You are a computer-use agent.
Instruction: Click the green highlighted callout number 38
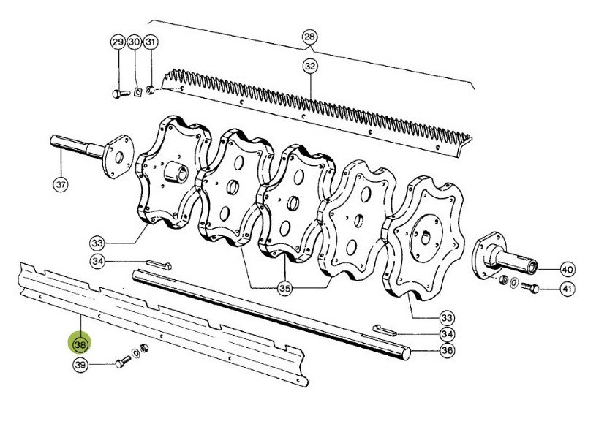click(x=80, y=344)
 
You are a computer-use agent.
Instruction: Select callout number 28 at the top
click(x=309, y=37)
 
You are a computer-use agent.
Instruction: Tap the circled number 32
click(x=310, y=66)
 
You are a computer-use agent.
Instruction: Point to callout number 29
click(x=118, y=42)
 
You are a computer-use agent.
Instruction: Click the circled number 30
click(x=135, y=42)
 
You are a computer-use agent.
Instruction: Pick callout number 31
click(x=150, y=42)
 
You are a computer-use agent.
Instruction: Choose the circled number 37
click(x=61, y=184)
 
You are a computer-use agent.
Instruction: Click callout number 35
click(x=285, y=288)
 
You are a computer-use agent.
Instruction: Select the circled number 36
click(x=447, y=350)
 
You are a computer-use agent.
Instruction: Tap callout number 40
click(x=568, y=269)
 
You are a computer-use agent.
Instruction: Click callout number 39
click(x=81, y=365)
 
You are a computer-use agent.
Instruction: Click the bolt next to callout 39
click(x=123, y=362)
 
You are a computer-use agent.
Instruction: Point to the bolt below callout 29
click(x=121, y=94)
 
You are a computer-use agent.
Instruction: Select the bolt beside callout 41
click(x=529, y=287)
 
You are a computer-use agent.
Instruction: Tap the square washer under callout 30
click(x=137, y=92)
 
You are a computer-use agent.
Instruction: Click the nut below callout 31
click(x=150, y=91)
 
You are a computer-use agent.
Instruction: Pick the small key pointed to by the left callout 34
click(x=159, y=265)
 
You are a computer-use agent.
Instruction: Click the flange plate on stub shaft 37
click(x=118, y=156)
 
